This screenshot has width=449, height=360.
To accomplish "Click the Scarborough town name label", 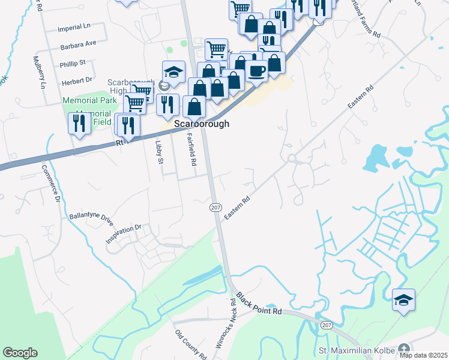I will (x=202, y=124).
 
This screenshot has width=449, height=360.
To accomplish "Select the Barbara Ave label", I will (x=78, y=44).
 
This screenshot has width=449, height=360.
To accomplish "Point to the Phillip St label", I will (x=73, y=62).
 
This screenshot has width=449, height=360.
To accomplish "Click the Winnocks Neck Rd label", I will (x=227, y=325).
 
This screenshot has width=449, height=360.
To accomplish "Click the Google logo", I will (x=20, y=353).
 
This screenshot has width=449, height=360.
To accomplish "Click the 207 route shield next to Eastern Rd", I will (x=215, y=207).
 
